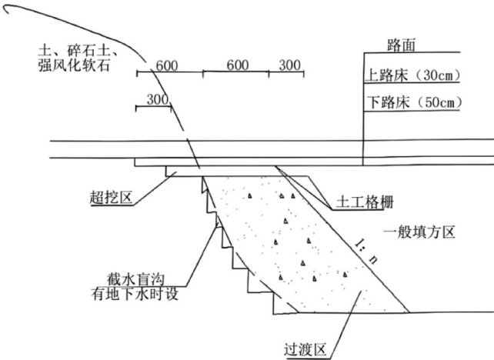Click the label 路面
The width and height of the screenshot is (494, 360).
pos(404,46)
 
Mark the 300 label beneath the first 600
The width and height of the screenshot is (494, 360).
pos(156,99)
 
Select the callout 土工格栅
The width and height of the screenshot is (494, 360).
pos(365,204)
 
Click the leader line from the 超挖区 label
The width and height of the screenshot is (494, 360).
pos(154,187)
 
